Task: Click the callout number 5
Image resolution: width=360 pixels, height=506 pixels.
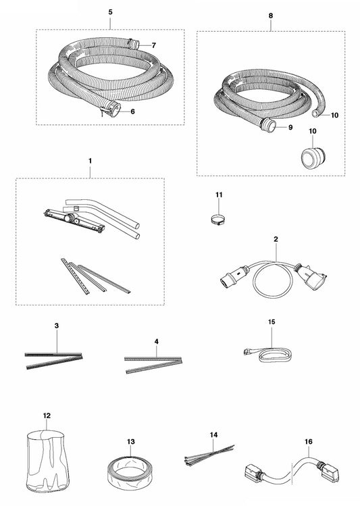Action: pos(110,12)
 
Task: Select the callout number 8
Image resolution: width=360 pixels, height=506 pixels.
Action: pos(271,16)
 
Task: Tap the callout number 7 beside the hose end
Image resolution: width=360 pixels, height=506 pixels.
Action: pos(154,45)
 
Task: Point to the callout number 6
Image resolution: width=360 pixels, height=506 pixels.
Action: pos(132,111)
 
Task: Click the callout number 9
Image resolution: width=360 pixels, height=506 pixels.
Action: pos(290,128)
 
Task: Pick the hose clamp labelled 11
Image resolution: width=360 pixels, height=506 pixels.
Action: pos(217,220)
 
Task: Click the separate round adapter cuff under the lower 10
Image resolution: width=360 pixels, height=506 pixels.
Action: pos(313,158)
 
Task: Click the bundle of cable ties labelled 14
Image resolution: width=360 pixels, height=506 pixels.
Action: pos(209,455)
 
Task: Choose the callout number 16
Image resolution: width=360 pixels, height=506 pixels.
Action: pos(309,441)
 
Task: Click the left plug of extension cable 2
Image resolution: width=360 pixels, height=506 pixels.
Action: pos(232,276)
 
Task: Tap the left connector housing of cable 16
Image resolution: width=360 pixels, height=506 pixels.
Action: pos(253,472)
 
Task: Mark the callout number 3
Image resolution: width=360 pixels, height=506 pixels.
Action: pos(57,326)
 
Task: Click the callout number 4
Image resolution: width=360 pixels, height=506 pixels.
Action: pos(157,341)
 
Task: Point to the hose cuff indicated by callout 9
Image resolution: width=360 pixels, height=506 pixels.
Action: pos(268,125)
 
